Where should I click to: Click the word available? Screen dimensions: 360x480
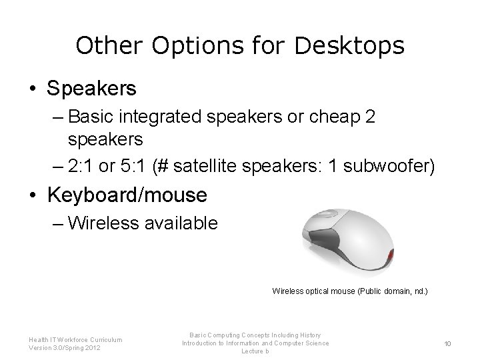pos(181,223)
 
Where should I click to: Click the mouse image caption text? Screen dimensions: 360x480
pos(349,291)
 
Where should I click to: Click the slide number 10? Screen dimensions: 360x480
pos(449,343)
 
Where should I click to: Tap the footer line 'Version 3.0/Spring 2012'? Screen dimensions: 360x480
pos(65,347)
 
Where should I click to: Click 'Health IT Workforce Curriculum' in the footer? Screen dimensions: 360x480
pos(75,339)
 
